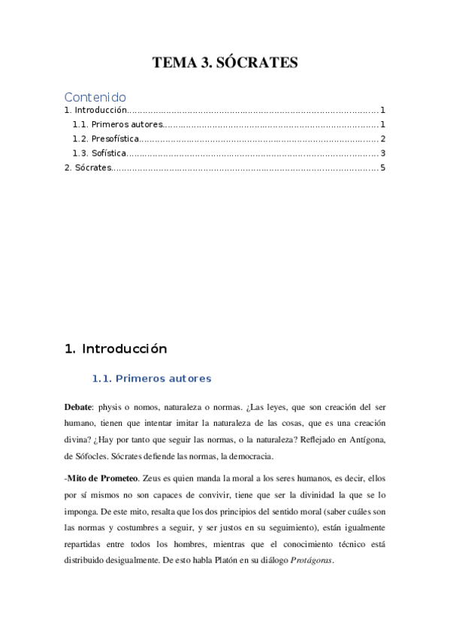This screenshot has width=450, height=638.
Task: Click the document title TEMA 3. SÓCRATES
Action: pyautogui.click(x=225, y=63)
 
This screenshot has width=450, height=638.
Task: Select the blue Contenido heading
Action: pyautogui.click(x=95, y=97)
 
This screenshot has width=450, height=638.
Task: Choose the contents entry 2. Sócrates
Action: pyautogui.click(x=87, y=167)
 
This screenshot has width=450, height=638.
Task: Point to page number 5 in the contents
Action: pyautogui.click(x=382, y=167)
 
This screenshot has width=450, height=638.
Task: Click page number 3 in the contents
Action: pyautogui.click(x=382, y=153)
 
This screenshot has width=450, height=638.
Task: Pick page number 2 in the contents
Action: pyautogui.click(x=382, y=139)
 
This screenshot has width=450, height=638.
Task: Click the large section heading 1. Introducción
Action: pyautogui.click(x=116, y=349)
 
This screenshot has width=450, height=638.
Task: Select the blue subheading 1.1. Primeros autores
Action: pyautogui.click(x=151, y=378)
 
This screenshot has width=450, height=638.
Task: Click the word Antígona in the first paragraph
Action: pyautogui.click(x=365, y=439)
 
